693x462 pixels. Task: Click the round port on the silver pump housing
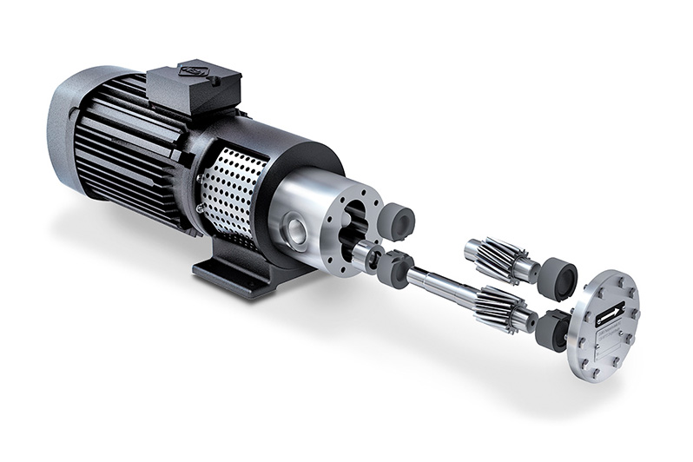(x=295, y=230)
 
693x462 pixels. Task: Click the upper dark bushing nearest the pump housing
(x=398, y=222)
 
